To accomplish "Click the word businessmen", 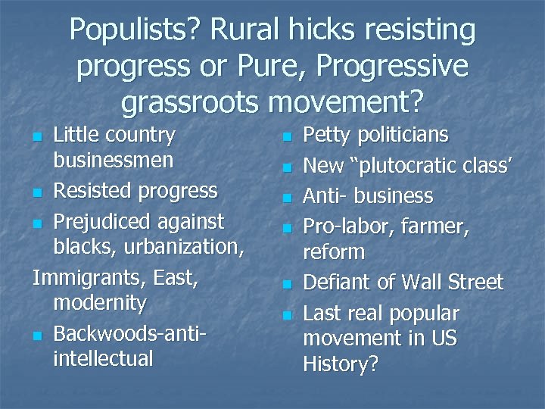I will pyautogui.click(x=114, y=161).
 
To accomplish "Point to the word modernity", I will pyautogui.click(x=100, y=303).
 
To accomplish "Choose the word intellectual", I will pyautogui.click(x=103, y=358).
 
